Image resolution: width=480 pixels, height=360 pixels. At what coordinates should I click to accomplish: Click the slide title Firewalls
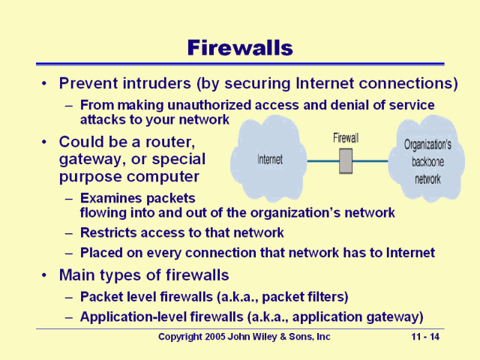pyautogui.click(x=239, y=48)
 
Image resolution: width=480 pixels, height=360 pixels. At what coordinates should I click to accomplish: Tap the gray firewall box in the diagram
pyautogui.click(x=345, y=161)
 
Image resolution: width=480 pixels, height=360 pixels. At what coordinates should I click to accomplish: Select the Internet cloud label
pyautogui.click(x=269, y=160)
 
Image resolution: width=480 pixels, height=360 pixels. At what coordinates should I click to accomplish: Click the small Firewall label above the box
pyautogui.click(x=345, y=138)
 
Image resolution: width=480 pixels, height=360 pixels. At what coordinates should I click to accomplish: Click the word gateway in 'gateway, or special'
pyautogui.click(x=87, y=159)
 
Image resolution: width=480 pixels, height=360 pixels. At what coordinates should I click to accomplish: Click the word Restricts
pyautogui.click(x=108, y=232)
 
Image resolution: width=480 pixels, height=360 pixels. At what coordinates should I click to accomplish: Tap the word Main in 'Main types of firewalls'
pyautogui.click(x=78, y=274)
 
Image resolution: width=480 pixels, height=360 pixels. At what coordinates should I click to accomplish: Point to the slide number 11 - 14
pyautogui.click(x=425, y=337)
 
